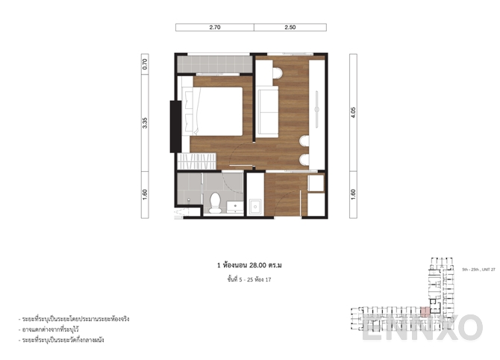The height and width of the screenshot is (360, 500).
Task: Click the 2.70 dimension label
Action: coord(214,28)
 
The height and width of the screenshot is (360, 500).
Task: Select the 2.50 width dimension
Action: coord(290,28)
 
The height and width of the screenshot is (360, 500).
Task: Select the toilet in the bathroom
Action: coord(215,202)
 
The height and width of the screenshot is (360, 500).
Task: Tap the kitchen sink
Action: coord(255,205)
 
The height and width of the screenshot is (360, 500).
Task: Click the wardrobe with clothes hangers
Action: coord(198,160)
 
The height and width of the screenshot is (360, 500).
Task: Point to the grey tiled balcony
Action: coord(213,63)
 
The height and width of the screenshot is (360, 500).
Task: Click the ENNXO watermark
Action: coord(422,327)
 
